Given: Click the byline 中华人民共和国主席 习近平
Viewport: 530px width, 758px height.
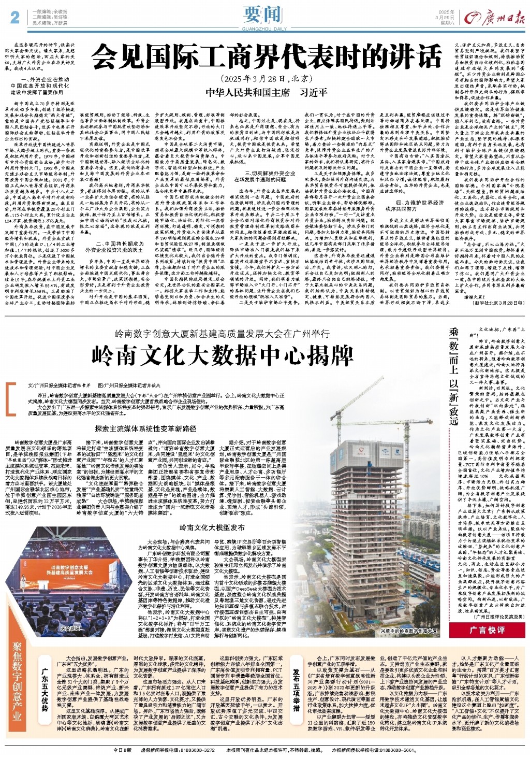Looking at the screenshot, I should coord(266,92).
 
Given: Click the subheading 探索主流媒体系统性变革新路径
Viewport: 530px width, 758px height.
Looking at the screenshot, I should coord(145,428).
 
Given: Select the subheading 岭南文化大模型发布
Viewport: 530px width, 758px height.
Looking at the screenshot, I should coord(212,527).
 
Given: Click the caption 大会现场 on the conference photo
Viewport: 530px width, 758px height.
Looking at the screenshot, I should coord(71,628).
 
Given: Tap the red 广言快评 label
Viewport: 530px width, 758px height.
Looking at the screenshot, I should coord(487,630).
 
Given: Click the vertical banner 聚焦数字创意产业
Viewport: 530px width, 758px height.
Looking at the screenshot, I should coord(18,683).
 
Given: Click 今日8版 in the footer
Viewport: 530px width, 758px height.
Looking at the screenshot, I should coord(123,750).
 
